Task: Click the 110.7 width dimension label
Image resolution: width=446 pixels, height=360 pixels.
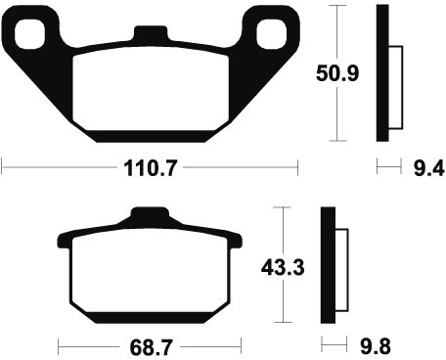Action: tap(151, 168)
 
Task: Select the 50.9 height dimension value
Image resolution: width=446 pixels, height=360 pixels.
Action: tap(337, 73)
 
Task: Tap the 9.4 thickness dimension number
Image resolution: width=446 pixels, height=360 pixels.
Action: tap(428, 168)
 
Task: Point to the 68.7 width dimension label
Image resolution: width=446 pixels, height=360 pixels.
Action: tap(151, 347)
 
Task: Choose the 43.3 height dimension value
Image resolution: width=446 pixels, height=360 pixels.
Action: tap(283, 267)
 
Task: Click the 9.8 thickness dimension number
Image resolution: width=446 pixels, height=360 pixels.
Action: tap(376, 346)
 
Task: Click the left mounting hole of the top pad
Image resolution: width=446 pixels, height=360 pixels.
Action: tap(29, 34)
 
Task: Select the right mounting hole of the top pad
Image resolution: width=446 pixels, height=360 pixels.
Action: tap(271, 34)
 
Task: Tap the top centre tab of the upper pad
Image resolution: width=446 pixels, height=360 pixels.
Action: tap(151, 33)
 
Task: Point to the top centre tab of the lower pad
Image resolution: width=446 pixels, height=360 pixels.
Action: tap(150, 215)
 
